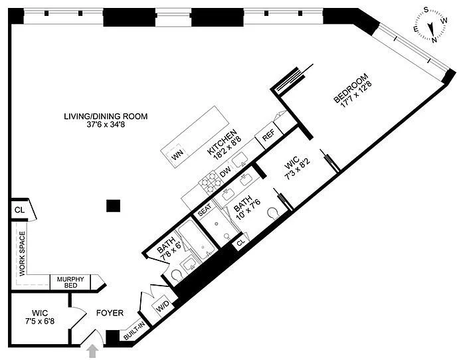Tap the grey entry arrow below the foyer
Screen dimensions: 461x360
pyautogui.click(x=93, y=351)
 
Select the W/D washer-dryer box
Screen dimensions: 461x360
pyautogui.click(x=163, y=308)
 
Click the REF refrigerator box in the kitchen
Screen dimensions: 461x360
pyautogui.click(x=268, y=135)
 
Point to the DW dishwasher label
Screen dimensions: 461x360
pyautogui.click(x=225, y=172)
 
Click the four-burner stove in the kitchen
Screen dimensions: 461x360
pyautogui.click(x=210, y=182)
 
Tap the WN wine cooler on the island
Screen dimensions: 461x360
pyautogui.click(x=177, y=155)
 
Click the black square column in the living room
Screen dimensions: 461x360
pyautogui.click(x=113, y=206)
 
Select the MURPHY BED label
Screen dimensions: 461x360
pyautogui.click(x=70, y=282)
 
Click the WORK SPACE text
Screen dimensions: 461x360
pyautogui.click(x=23, y=254)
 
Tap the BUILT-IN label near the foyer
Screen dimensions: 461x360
pyautogui.click(x=134, y=331)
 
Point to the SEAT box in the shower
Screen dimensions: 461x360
pyautogui.click(x=205, y=210)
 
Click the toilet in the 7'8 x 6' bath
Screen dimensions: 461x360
pyautogui.click(x=177, y=276)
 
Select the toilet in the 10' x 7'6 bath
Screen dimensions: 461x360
pyautogui.click(x=273, y=213)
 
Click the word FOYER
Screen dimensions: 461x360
pyautogui.click(x=110, y=313)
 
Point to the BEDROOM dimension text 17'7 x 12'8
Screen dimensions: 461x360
pyautogui.click(x=356, y=94)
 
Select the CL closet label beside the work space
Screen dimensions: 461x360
pyautogui.click(x=20, y=210)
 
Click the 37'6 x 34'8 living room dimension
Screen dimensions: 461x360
pyautogui.click(x=106, y=124)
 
